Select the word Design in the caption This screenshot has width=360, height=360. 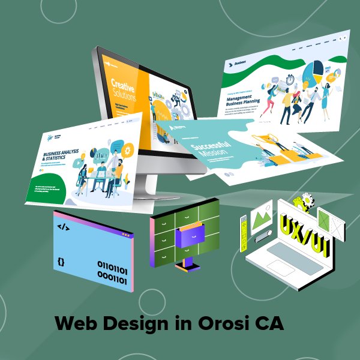click(x=135, y=325)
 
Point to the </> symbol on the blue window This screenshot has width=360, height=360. click(x=62, y=227)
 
